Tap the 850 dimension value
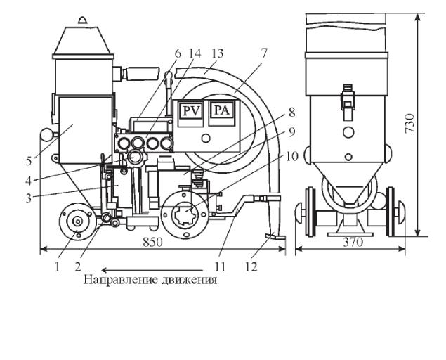(152, 243)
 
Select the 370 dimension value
(353, 243)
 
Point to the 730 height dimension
(409, 123)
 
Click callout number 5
(29, 161)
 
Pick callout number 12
(251, 266)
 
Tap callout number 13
(218, 53)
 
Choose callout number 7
(264, 53)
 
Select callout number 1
(57, 266)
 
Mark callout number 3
(28, 198)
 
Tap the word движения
(189, 279)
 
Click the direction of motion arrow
(152, 270)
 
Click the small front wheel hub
(77, 221)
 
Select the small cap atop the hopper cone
(83, 20)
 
